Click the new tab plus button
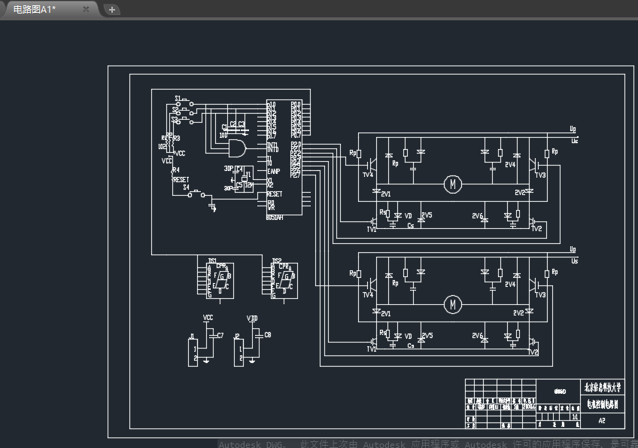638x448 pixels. (112, 10)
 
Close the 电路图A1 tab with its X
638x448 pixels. (86, 9)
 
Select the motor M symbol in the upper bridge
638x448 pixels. (452, 183)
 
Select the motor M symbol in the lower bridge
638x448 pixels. (452, 304)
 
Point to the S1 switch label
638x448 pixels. (178, 99)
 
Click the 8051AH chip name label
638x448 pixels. (275, 217)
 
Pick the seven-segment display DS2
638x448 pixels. (285, 280)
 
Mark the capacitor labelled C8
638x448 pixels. (260, 334)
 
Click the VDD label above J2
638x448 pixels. (252, 318)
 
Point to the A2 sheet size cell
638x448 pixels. (602, 422)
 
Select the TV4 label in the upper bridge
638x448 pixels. (367, 175)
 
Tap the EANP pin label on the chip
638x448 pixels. (274, 171)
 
